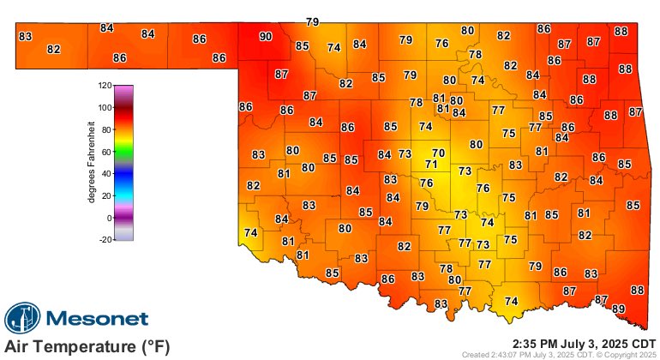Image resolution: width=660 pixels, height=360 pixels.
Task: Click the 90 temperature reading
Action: pos(266,37)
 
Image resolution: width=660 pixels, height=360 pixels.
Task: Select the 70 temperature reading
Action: pos(439,153)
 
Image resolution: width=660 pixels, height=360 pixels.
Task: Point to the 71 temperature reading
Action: pos(431,164)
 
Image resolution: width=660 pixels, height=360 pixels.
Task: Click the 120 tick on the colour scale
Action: pos(105,86)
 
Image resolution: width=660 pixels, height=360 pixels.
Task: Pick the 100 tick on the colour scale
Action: pos(105,108)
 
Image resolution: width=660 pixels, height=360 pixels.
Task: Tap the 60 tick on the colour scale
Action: pos(107,152)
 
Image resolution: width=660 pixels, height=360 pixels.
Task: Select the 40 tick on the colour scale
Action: pos(107,174)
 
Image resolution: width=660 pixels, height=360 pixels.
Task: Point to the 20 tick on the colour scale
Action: pos(107,196)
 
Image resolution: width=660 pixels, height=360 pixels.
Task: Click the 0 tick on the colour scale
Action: pos(109,218)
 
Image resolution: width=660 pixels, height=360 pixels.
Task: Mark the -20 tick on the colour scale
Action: pos(105,240)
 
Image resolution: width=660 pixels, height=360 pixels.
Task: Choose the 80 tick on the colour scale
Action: pos(107,130)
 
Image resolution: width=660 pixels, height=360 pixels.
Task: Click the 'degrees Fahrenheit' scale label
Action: pos(91,163)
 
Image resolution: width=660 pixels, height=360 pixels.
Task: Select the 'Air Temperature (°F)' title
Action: pos(87,347)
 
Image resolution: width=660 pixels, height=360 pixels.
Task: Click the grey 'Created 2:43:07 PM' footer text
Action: pos(559,353)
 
